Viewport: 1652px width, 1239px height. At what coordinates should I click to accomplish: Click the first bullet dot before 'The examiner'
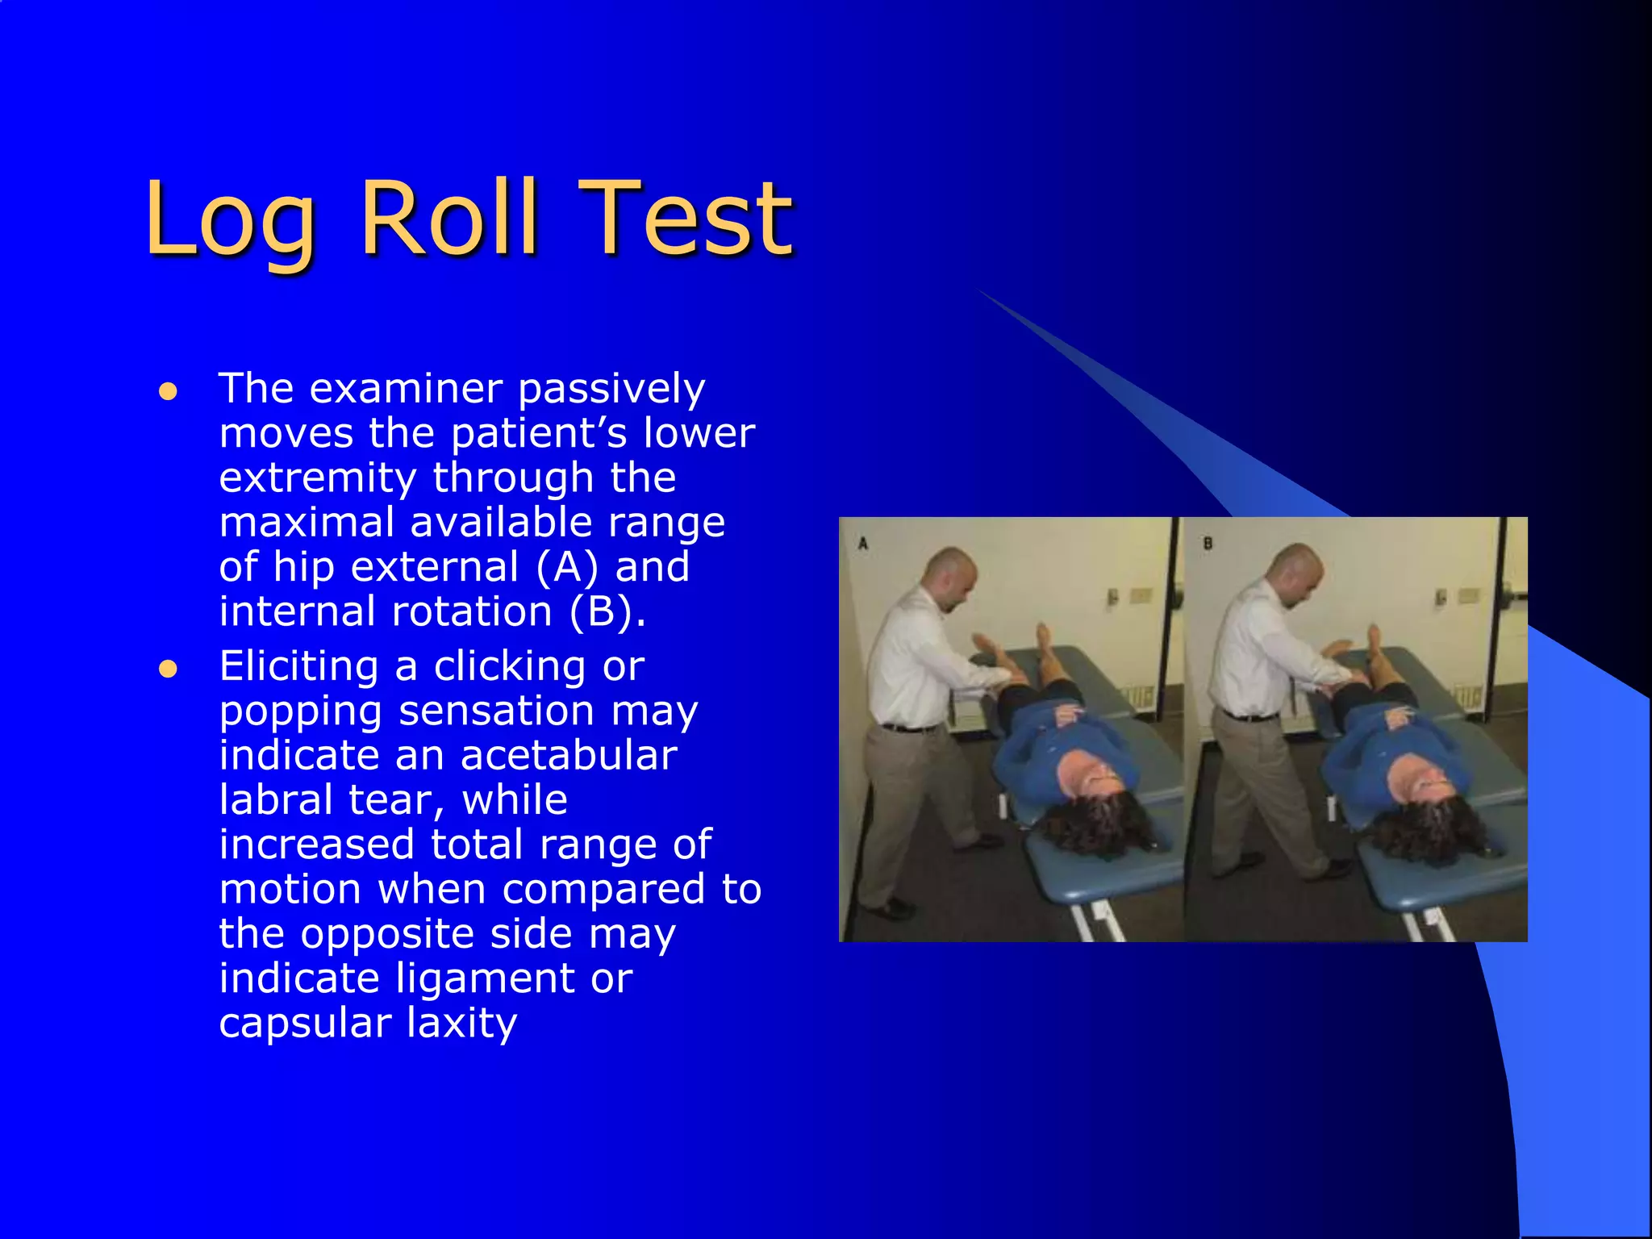(x=168, y=392)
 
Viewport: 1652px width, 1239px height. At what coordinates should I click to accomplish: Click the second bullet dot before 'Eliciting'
(x=168, y=670)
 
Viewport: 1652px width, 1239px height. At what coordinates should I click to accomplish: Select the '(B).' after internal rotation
(x=607, y=611)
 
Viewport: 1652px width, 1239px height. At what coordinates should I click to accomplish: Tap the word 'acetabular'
(x=568, y=756)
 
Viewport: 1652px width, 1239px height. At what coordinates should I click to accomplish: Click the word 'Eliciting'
(x=298, y=666)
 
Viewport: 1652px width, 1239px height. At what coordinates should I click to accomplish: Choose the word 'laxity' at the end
(x=461, y=1023)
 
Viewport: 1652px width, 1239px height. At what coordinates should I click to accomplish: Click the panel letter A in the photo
(x=862, y=544)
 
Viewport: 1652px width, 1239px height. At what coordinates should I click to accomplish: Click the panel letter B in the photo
(x=1208, y=544)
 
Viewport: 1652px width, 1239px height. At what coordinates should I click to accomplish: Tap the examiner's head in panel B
(x=1295, y=565)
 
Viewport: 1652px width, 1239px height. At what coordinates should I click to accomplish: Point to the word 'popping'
(x=300, y=711)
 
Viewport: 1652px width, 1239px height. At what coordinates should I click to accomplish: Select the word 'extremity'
(x=317, y=478)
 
